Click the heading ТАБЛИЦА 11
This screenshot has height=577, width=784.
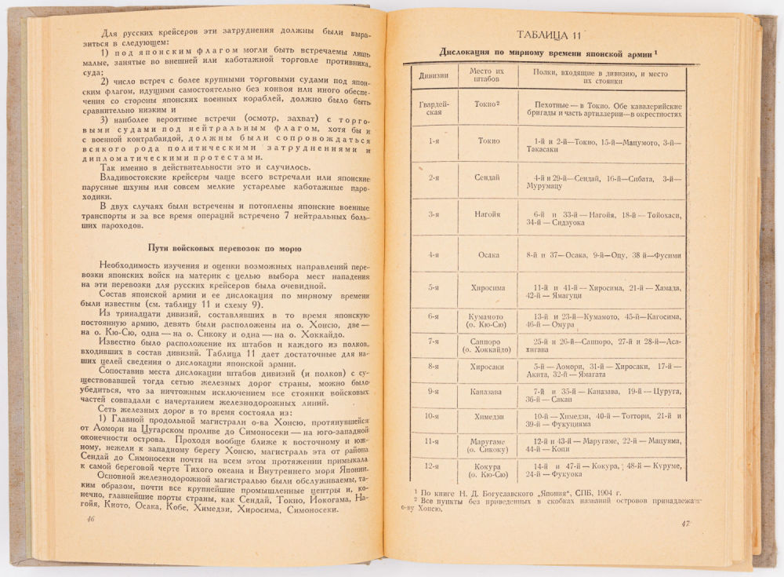click(x=548, y=36)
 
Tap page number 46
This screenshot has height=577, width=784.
click(x=91, y=518)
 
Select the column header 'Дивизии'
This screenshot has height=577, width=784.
click(x=433, y=76)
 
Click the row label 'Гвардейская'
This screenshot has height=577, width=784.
click(x=434, y=108)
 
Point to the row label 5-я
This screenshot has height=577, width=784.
click(x=434, y=287)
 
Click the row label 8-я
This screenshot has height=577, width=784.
click(x=434, y=366)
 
